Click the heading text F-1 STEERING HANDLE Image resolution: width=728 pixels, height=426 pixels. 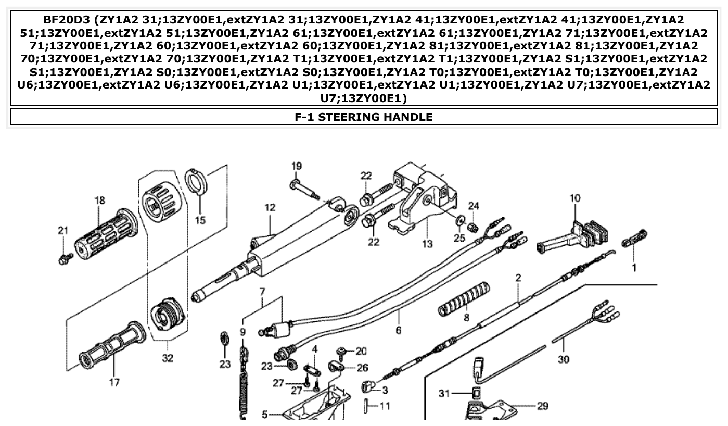tap(363, 117)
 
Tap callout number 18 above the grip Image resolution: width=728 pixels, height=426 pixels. tap(99, 199)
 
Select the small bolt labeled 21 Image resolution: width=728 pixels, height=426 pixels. tap(64, 258)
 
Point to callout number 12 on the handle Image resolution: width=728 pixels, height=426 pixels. tap(270, 208)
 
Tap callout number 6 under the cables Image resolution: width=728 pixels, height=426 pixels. tap(399, 330)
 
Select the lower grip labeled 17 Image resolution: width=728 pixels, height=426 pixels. tap(111, 346)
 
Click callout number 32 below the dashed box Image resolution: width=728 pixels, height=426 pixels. tap(168, 358)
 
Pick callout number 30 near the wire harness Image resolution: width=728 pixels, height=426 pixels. tap(563, 359)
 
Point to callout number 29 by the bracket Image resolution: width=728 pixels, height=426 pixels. tap(542, 406)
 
